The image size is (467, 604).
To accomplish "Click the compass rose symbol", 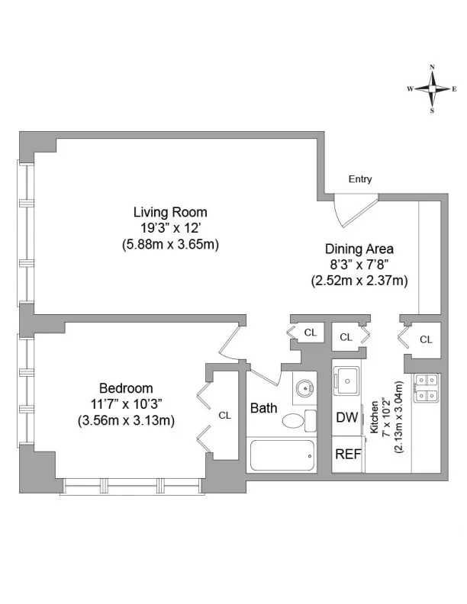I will [x=433, y=88].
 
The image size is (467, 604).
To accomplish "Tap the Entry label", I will [x=360, y=180].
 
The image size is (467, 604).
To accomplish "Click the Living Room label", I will [x=170, y=212].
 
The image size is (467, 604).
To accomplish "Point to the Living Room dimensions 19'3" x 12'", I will [x=170, y=228].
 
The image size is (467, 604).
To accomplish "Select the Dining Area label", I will [x=359, y=249].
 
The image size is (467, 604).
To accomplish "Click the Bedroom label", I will [x=126, y=388].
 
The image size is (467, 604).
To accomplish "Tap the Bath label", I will [x=264, y=408].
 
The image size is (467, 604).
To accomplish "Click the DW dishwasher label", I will [x=347, y=417].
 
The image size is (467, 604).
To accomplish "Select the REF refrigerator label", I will [x=348, y=454].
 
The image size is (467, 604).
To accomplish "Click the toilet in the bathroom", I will [x=295, y=419].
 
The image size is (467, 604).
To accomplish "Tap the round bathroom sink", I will [x=304, y=387].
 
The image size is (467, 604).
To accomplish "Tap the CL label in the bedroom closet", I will [x=225, y=416].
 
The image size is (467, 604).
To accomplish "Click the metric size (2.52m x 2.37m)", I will [x=359, y=280].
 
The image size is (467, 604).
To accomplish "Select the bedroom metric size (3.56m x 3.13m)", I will [x=126, y=419].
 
